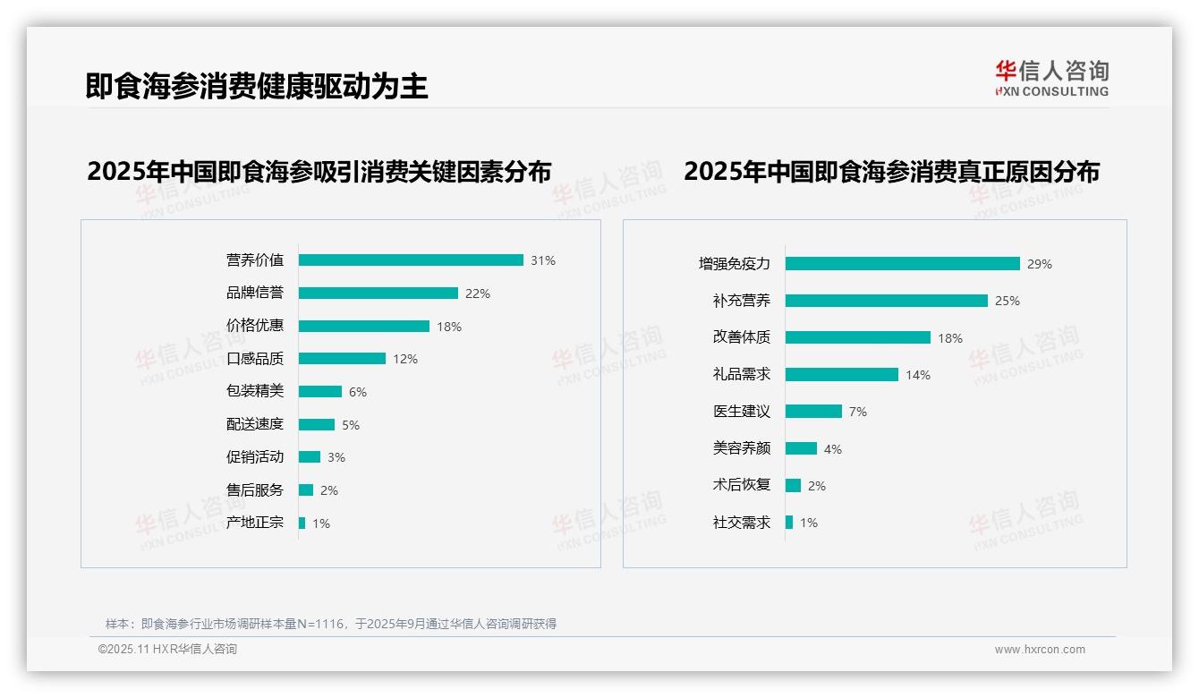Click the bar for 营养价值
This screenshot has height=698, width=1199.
coord(411,260)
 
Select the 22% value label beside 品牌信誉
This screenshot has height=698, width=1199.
coord(478,294)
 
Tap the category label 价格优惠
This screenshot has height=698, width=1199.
coord(255,326)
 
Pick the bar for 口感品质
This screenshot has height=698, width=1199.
coord(342,359)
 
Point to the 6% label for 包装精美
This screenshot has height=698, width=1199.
coord(358,392)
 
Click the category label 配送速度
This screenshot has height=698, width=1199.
coord(255,424)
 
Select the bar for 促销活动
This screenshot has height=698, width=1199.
coord(310,457)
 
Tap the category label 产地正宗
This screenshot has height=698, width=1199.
coord(255,523)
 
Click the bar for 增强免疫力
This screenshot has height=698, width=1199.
coord(902,264)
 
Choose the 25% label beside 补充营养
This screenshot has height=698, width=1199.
coord(1008,301)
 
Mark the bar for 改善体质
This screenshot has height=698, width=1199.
coord(857,337)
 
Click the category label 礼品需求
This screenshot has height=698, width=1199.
coord(741,375)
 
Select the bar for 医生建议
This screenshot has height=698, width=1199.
coord(813,412)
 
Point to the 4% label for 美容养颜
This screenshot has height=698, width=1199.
coord(833,449)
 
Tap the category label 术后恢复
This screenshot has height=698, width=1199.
coord(741,485)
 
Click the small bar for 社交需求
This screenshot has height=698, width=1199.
coord(789,523)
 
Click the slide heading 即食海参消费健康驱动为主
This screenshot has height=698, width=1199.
coord(257,86)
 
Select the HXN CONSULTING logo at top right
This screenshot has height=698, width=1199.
coord(1051,79)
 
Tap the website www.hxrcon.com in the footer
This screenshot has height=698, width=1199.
coord(1040,650)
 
